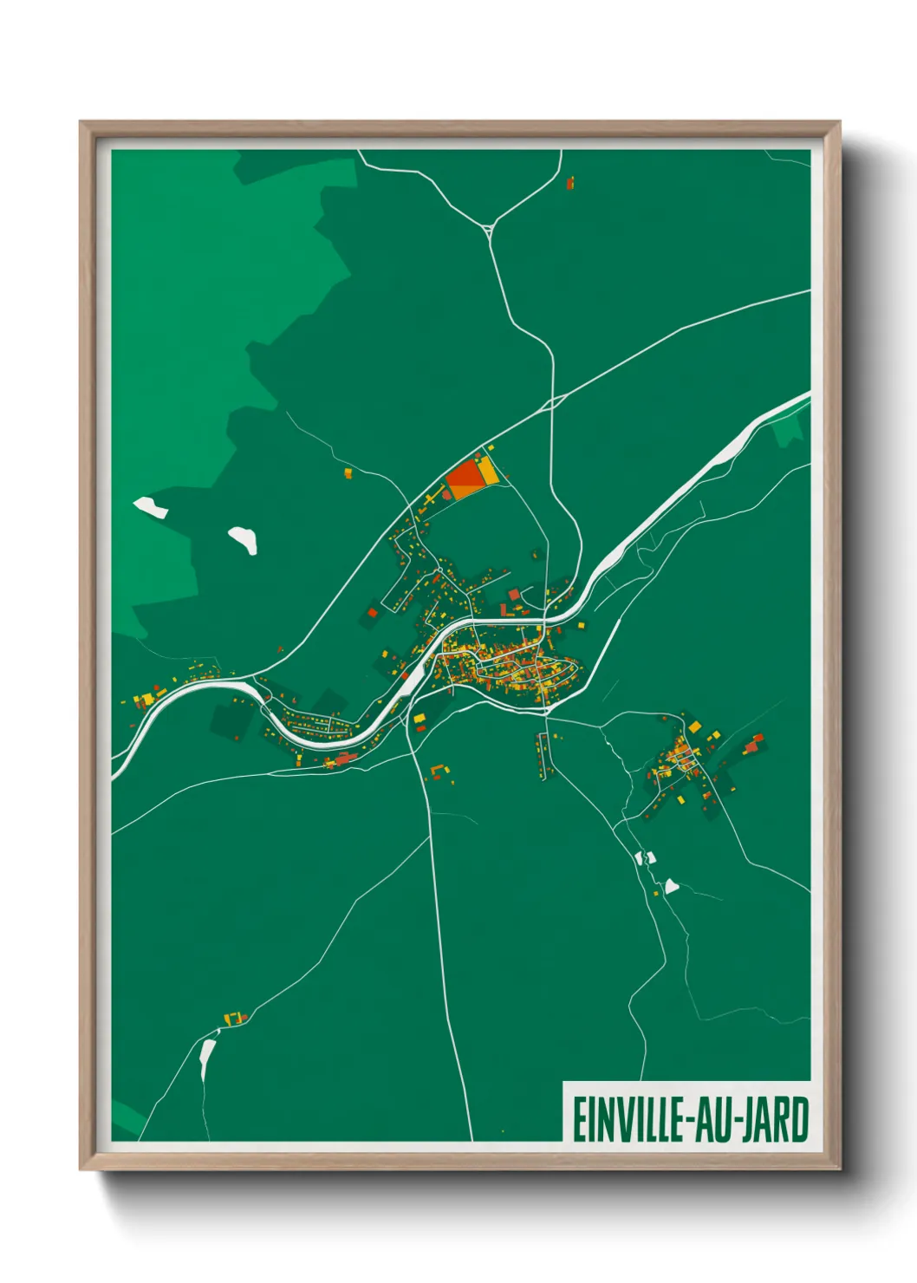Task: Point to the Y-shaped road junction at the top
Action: pos(490,230)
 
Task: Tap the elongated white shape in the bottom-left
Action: pos(207,1058)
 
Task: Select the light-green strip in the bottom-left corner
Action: pos(127,1118)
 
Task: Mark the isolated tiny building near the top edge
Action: pos(570,183)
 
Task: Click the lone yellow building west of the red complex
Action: pos(348,473)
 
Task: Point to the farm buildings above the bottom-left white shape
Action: pos(235,1018)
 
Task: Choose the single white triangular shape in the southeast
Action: pos(671,886)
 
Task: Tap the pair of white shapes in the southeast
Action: pos(645,857)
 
